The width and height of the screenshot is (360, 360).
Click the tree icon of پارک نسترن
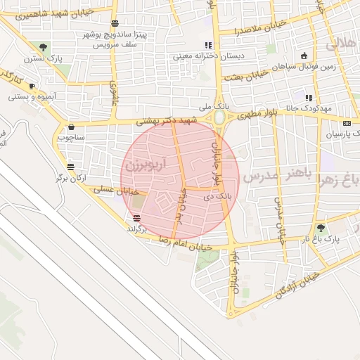click(x=44, y=48)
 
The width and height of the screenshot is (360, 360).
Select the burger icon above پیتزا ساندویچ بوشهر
click(x=115, y=24)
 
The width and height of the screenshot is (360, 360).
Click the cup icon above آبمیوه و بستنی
click(x=32, y=86)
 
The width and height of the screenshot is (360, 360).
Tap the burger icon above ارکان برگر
click(x=70, y=167)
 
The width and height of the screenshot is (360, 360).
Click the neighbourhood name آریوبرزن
click(x=143, y=165)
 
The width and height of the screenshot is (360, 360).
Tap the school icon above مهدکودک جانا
click(x=309, y=97)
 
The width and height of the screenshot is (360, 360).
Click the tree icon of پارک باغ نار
click(x=321, y=228)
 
